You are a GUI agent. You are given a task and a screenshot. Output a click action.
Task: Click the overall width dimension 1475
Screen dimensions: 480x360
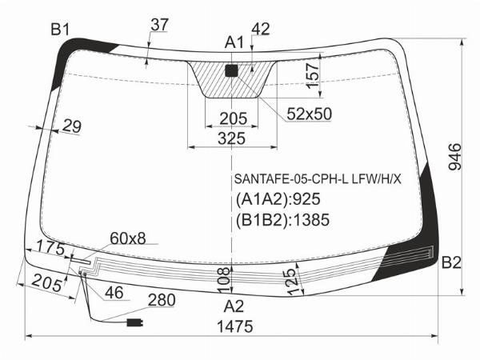234,326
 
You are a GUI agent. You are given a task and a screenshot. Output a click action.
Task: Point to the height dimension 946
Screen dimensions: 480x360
454,157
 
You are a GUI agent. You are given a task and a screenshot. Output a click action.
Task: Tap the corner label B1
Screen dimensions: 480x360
60,30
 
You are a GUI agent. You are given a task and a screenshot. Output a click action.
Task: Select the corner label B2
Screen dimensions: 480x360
451,262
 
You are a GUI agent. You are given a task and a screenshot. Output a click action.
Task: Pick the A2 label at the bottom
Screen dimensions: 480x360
234,306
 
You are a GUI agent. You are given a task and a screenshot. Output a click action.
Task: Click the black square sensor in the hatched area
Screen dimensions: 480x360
231,70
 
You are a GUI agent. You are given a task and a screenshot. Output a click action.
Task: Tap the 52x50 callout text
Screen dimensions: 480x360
309,114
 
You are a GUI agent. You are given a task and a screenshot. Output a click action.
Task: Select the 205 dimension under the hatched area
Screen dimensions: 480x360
234,118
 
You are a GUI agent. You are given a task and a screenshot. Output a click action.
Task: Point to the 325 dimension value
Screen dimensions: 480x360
232,138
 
